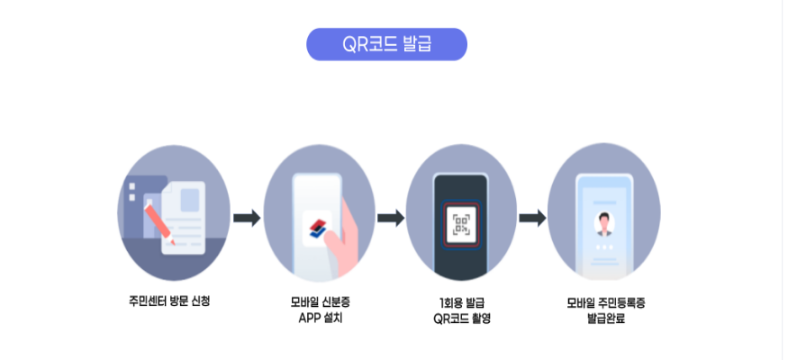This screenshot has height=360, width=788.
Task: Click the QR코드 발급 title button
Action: tap(386, 44)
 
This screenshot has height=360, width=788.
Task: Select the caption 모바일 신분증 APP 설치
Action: tap(319, 310)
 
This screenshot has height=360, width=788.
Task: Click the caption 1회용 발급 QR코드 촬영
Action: tap(461, 310)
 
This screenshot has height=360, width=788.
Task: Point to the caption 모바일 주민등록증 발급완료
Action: tap(605, 310)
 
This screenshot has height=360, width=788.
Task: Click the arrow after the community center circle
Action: tap(247, 218)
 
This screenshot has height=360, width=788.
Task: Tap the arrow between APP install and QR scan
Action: tap(390, 218)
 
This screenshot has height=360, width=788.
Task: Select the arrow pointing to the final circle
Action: tap(533, 218)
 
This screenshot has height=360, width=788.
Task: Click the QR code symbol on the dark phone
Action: tap(461, 222)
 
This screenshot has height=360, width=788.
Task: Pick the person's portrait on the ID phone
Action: tap(603, 221)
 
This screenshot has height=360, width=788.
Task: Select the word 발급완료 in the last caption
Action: tap(605, 318)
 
